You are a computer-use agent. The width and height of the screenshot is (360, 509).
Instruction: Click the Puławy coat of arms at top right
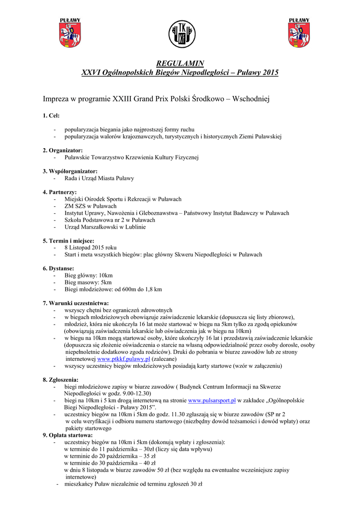click(x=299, y=33)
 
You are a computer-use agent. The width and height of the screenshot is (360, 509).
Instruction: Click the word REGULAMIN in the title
click(x=180, y=64)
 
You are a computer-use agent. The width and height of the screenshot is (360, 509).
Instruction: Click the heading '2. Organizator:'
click(x=63, y=150)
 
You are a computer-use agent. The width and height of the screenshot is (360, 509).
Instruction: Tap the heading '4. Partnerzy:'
click(x=60, y=192)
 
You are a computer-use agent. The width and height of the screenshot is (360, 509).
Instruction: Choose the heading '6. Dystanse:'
click(x=58, y=268)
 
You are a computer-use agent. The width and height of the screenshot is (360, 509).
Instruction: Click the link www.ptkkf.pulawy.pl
click(x=124, y=358)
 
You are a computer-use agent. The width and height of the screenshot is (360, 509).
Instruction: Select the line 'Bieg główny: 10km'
click(x=89, y=275)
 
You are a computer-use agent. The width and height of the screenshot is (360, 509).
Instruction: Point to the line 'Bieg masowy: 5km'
click(x=88, y=282)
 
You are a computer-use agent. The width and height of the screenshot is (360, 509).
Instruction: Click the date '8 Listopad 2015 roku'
click(x=90, y=247)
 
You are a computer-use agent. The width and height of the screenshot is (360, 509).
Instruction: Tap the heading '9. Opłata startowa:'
click(x=68, y=435)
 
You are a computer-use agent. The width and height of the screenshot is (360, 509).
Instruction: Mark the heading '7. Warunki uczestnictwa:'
click(x=76, y=303)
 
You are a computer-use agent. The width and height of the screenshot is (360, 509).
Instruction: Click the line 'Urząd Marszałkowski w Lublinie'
click(x=105, y=227)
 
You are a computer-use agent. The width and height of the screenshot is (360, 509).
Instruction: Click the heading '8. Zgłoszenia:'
click(x=61, y=380)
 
